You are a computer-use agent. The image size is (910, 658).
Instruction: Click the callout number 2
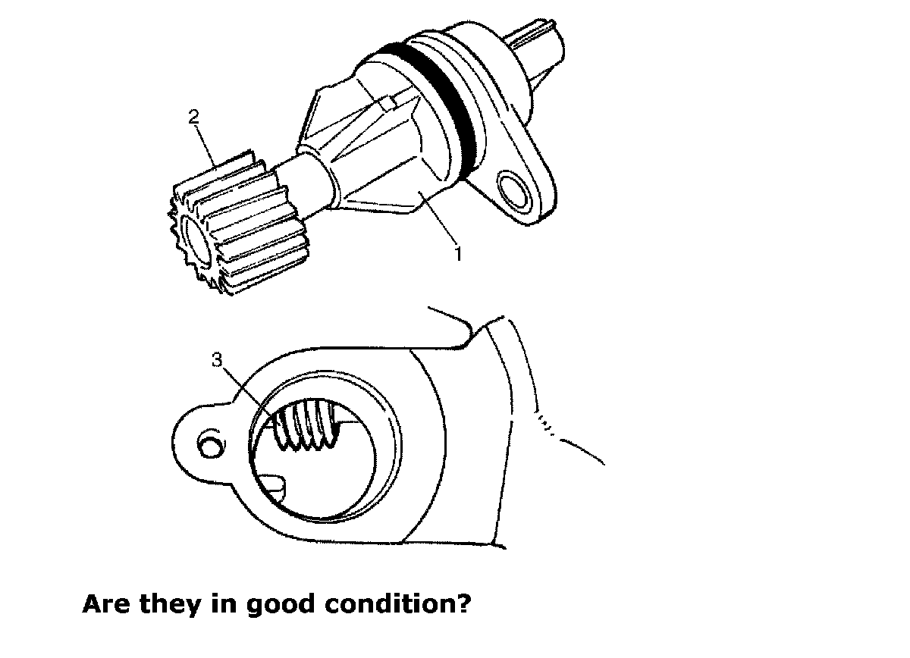194,116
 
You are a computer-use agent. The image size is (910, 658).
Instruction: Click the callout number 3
218,361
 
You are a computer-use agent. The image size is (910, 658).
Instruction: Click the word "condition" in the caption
394,604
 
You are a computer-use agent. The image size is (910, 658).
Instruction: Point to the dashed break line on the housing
548,424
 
